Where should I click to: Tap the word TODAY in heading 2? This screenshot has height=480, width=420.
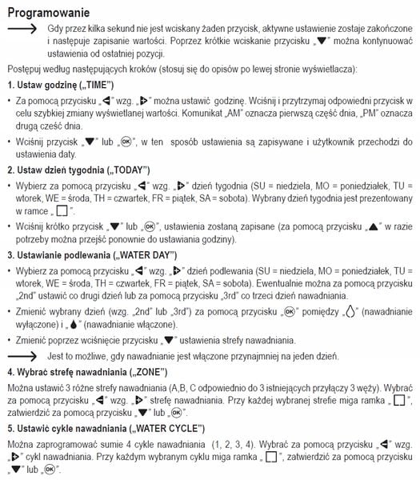point(118,170)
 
